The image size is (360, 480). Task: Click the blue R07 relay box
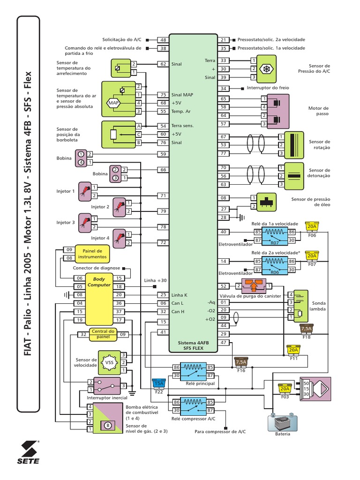[x=275, y=236]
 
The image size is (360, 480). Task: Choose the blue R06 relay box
[x=275, y=265]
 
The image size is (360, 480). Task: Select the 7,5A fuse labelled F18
[x=306, y=330]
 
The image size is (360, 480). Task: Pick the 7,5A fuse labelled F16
[x=240, y=363]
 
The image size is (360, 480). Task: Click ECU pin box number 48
[x=163, y=40]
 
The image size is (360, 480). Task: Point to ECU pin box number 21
[x=224, y=40]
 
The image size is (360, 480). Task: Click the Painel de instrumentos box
[x=95, y=254]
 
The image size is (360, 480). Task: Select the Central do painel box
[x=103, y=334]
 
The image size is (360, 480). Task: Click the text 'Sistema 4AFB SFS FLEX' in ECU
[x=193, y=346]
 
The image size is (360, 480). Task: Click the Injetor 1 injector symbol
[x=84, y=191]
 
